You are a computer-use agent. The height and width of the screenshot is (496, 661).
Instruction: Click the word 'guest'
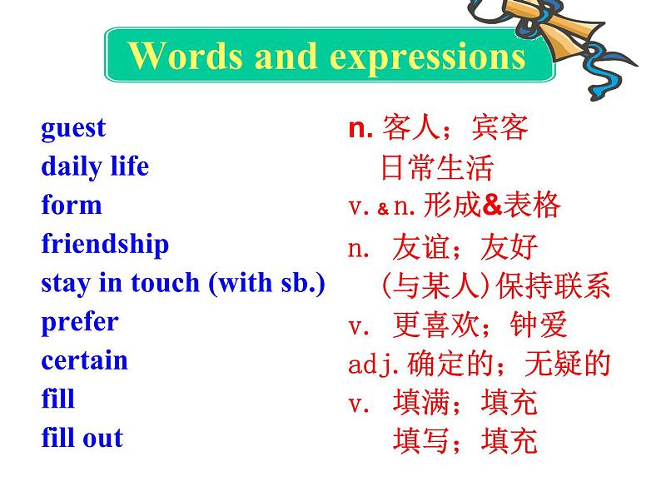[73, 128]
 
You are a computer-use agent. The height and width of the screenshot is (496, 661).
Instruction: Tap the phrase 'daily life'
[95, 166]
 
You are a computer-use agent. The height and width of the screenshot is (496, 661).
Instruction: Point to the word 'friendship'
[105, 244]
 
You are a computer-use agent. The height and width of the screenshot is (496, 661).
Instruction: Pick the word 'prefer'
[80, 323]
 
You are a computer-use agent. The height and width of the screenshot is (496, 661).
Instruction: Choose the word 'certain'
[84, 360]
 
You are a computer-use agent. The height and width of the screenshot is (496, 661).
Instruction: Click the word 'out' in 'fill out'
[103, 439]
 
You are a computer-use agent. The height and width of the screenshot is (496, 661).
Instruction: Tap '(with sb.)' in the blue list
[267, 283]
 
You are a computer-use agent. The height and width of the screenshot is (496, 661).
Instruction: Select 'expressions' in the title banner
[427, 57]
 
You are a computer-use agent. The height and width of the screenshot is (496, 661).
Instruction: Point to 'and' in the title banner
[286, 55]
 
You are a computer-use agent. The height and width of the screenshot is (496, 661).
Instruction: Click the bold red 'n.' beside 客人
[360, 127]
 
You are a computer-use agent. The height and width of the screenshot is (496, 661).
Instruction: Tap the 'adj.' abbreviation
[374, 365]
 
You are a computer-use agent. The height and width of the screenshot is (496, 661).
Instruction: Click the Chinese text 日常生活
[437, 167]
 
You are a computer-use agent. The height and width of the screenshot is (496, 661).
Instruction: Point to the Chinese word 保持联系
[554, 285]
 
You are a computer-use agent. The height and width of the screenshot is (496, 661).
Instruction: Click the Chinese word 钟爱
[539, 325]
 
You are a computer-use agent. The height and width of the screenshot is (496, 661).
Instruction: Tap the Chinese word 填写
[420, 440]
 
